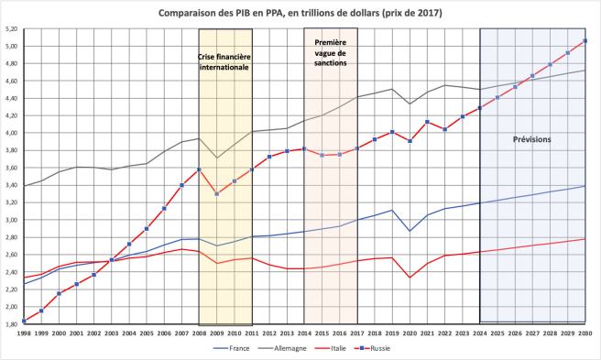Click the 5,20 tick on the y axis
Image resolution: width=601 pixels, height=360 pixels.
point(11,29)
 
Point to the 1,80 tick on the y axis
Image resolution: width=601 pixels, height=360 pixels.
point(11,324)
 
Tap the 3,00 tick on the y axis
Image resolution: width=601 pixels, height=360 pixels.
point(11,221)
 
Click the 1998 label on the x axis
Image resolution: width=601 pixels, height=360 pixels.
point(24,333)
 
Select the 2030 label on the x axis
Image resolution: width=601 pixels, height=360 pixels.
point(585,333)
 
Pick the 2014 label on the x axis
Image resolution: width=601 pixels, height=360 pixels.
point(304,333)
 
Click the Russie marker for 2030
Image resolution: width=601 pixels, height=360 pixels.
point(585,40)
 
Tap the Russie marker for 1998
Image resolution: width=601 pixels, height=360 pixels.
point(24,320)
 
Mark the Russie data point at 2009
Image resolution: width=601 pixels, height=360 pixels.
point(216,194)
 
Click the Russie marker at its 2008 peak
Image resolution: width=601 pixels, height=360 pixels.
point(199,169)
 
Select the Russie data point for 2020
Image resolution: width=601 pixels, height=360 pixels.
point(410,141)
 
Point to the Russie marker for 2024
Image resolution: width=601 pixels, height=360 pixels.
point(480,108)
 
